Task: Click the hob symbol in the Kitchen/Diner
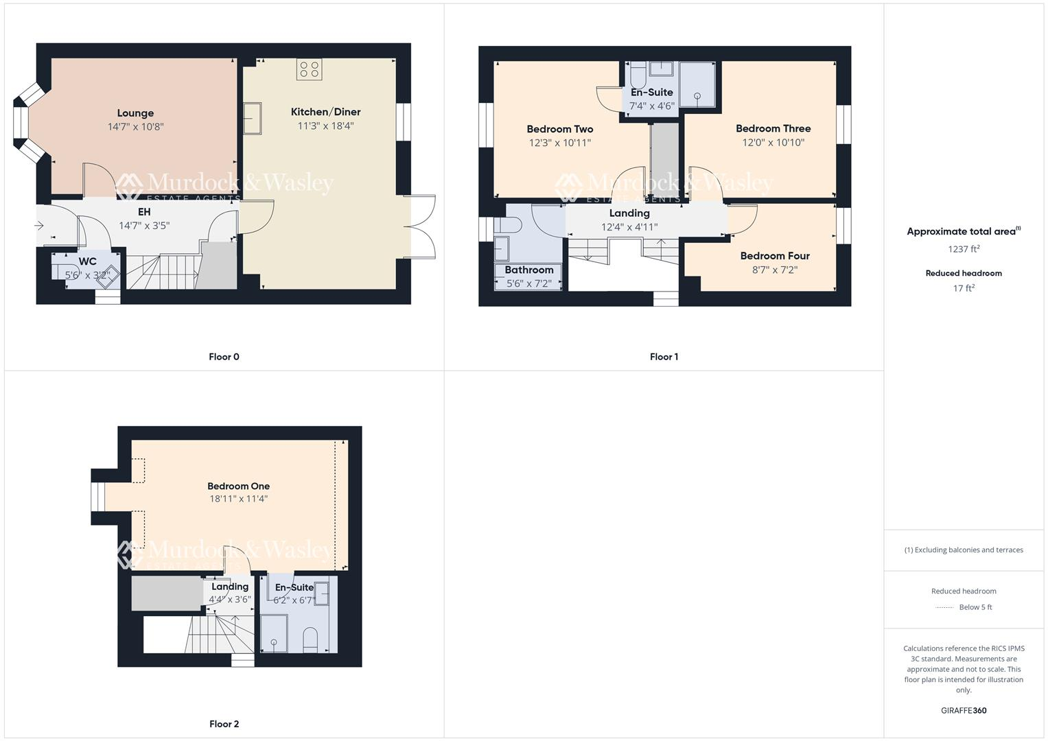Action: (x=310, y=69)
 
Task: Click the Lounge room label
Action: (x=135, y=113)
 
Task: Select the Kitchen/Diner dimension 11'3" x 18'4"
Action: (x=325, y=126)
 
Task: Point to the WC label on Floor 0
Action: (x=88, y=261)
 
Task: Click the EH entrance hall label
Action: (x=144, y=212)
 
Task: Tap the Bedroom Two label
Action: (x=560, y=129)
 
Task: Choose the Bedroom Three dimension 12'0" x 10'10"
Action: (x=773, y=143)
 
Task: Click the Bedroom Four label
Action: (x=775, y=256)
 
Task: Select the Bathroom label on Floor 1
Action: (x=528, y=270)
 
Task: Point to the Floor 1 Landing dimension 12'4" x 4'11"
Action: (x=629, y=227)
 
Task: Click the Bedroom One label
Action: (x=238, y=486)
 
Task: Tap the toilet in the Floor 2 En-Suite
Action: (x=310, y=639)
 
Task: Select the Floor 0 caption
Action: (x=224, y=357)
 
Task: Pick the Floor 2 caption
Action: (x=224, y=724)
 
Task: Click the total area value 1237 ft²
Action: (x=964, y=249)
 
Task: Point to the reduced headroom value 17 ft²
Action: (x=964, y=288)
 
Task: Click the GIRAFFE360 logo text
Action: (x=964, y=711)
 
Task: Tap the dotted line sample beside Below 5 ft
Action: (x=944, y=608)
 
